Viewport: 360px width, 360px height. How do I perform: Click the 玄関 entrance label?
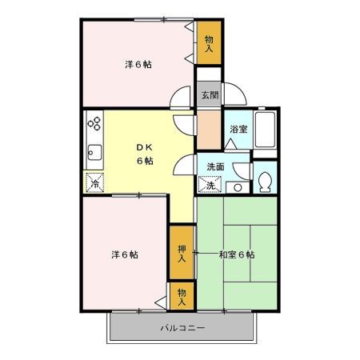coord(209,94)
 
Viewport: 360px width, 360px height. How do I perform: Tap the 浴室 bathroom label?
coord(238,129)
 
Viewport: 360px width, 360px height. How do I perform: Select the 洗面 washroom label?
coord(216,167)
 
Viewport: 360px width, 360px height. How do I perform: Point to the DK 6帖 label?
coord(144,154)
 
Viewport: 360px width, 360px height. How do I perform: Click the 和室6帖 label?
coord(237,255)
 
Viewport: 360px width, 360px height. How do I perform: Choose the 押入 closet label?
coord(182,254)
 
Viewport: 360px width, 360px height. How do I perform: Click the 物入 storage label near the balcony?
coord(182,297)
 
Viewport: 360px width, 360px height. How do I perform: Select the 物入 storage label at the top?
coord(209,42)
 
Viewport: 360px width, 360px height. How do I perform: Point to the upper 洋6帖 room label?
coord(137,65)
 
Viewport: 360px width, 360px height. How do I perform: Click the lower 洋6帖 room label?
coord(124,254)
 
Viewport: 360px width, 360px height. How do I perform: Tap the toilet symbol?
coord(266,179)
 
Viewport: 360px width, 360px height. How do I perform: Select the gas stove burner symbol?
coord(94,123)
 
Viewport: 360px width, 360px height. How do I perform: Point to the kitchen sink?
coord(94,152)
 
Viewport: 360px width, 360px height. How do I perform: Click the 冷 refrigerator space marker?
coord(94,182)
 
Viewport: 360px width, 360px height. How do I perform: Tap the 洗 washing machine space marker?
coord(210,185)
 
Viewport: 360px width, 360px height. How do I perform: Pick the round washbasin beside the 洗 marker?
coord(238,187)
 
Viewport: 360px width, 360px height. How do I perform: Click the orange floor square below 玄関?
coord(209,129)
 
